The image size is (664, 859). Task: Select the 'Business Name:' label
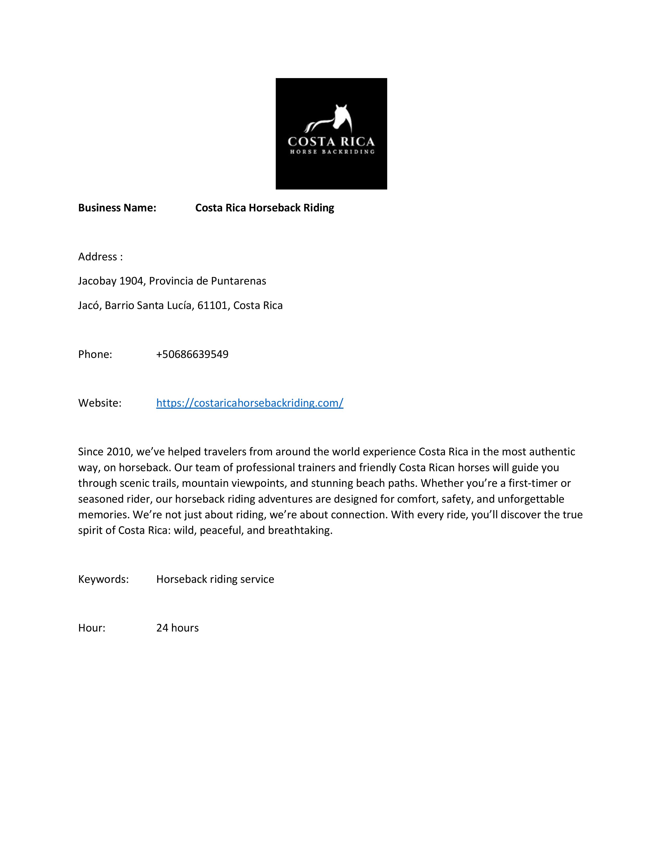click(117, 208)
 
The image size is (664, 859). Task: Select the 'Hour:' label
click(92, 628)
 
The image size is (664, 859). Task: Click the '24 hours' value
click(177, 628)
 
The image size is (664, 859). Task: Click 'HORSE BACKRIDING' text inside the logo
click(331, 152)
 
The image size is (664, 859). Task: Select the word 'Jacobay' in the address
click(97, 281)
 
